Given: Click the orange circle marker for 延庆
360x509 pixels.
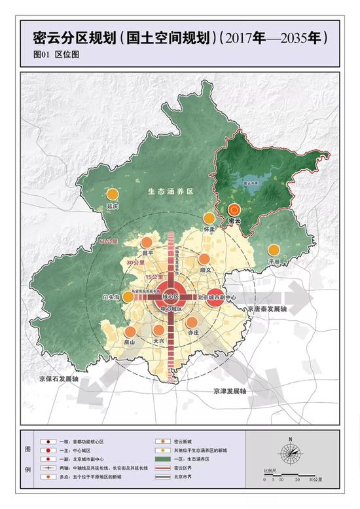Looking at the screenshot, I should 113,195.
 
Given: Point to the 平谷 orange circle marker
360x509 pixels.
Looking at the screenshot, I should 274,250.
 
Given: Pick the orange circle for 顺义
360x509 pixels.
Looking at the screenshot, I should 205,259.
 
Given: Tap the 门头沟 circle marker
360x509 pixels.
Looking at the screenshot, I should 129,296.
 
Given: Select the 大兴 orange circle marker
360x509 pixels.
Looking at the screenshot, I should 158,330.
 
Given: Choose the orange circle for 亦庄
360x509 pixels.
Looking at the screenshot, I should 192,322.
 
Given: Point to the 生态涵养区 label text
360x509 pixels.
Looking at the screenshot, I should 171,191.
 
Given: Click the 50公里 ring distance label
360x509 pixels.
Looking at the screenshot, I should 108,242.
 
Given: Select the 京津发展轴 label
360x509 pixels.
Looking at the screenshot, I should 229,391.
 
